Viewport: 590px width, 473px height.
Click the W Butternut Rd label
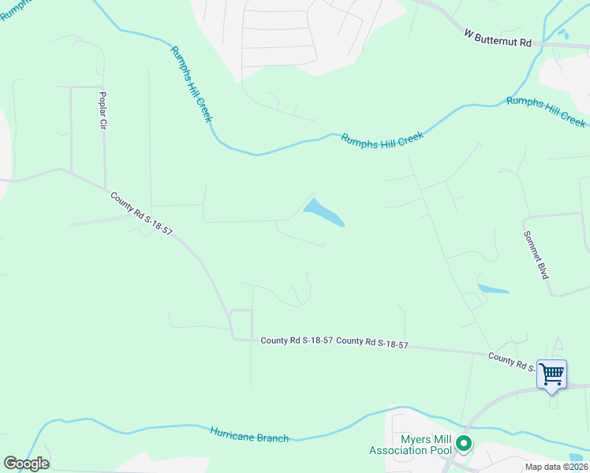tap(499, 39)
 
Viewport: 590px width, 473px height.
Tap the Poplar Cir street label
tap(102, 111)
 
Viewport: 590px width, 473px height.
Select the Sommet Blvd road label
tap(536, 254)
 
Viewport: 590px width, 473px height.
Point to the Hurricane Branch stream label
tap(249, 434)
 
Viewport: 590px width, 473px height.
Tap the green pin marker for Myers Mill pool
tap(465, 445)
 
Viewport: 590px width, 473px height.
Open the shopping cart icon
tap(551, 373)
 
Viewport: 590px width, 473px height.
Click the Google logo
tap(25, 463)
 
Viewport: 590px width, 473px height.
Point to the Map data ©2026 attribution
tap(556, 467)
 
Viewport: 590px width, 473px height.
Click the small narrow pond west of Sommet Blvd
tap(493, 289)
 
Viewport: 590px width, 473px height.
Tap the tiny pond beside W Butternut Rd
tap(562, 34)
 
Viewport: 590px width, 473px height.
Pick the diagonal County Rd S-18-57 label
tap(141, 214)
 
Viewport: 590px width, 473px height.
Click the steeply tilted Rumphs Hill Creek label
tap(192, 84)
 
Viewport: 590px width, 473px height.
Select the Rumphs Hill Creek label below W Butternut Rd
tap(546, 110)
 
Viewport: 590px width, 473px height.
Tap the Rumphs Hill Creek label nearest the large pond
tap(383, 138)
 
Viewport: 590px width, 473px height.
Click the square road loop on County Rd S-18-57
tap(241, 324)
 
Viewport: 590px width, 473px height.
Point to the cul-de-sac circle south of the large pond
tap(323, 244)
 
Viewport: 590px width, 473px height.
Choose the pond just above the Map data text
tap(577, 456)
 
